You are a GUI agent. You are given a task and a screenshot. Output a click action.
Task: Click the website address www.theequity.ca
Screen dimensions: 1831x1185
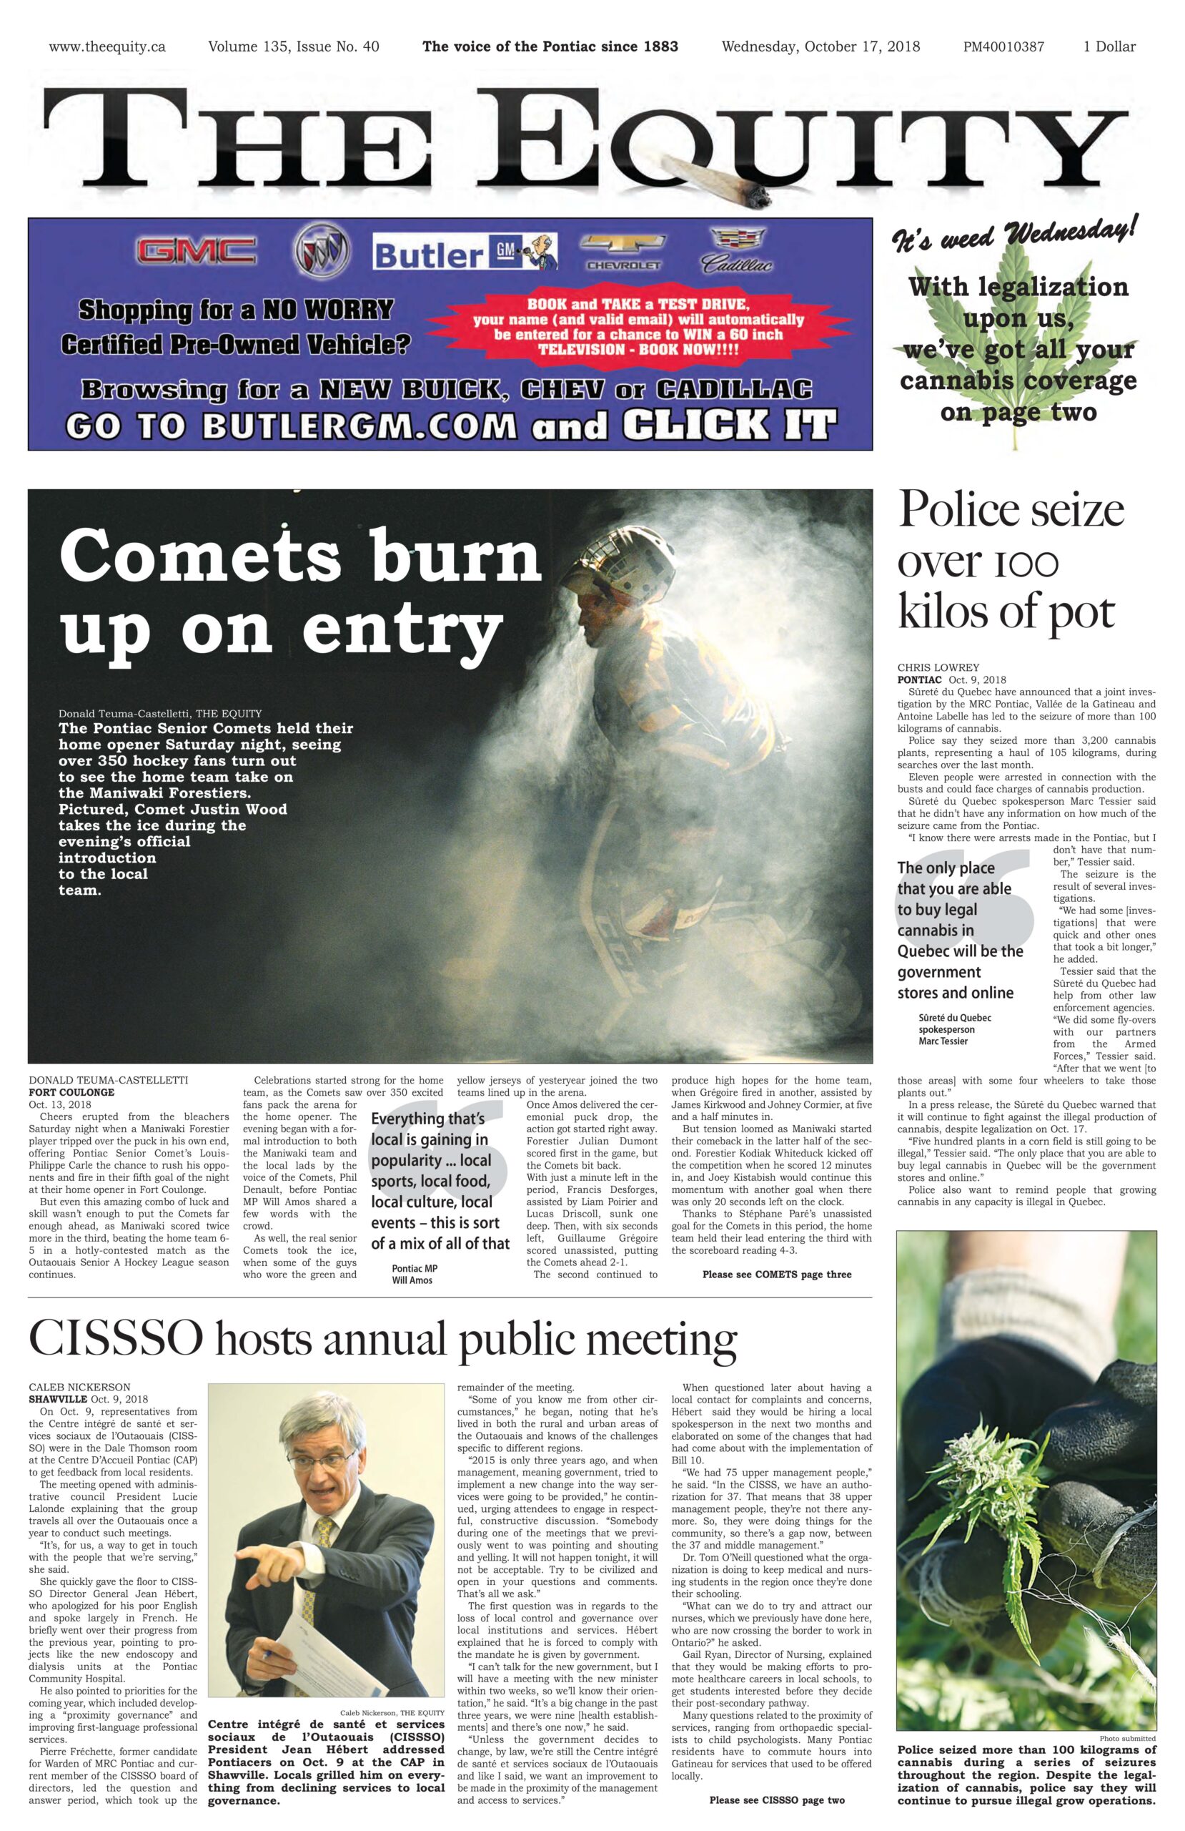tap(107, 47)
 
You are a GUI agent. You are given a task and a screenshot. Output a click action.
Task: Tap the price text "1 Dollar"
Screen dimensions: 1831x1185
tap(1109, 47)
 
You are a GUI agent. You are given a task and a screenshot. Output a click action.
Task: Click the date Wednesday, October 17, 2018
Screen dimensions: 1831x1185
tap(820, 47)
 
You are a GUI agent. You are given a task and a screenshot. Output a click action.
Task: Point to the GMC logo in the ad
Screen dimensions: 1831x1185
tap(196, 250)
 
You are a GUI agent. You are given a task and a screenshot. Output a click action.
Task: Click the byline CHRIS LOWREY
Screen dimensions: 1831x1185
tap(938, 667)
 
